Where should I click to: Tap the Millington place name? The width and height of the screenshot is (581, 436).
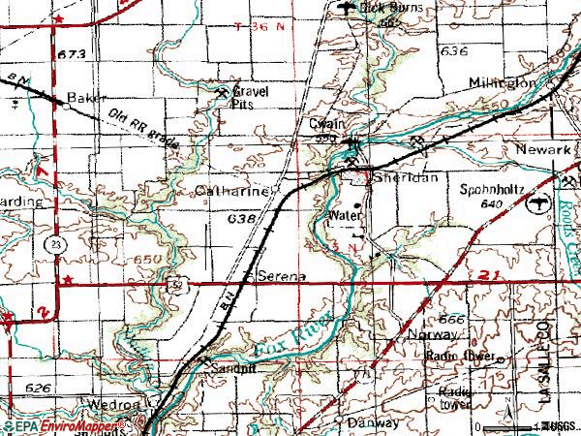[x=503, y=83]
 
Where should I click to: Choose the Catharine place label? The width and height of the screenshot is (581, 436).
[x=231, y=192]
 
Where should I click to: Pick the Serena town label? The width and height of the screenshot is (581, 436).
[x=280, y=276]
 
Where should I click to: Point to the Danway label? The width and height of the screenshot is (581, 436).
[x=373, y=424]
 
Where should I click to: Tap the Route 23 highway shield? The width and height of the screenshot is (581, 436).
[x=46, y=247]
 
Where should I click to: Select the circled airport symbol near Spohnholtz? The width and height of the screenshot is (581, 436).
[x=533, y=203]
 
